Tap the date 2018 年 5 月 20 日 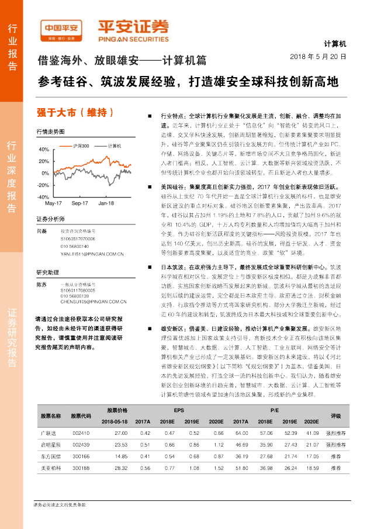pos(318,57)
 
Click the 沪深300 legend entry pos(81,146)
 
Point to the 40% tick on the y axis pos(43,149)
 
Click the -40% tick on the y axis pos(42,198)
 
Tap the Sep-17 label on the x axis pos(79,203)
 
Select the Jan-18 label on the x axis pos(106,203)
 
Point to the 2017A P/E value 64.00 pos(241,433)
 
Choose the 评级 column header pos(335,416)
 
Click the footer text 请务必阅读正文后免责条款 pos(60,504)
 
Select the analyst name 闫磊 pos(41,231)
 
